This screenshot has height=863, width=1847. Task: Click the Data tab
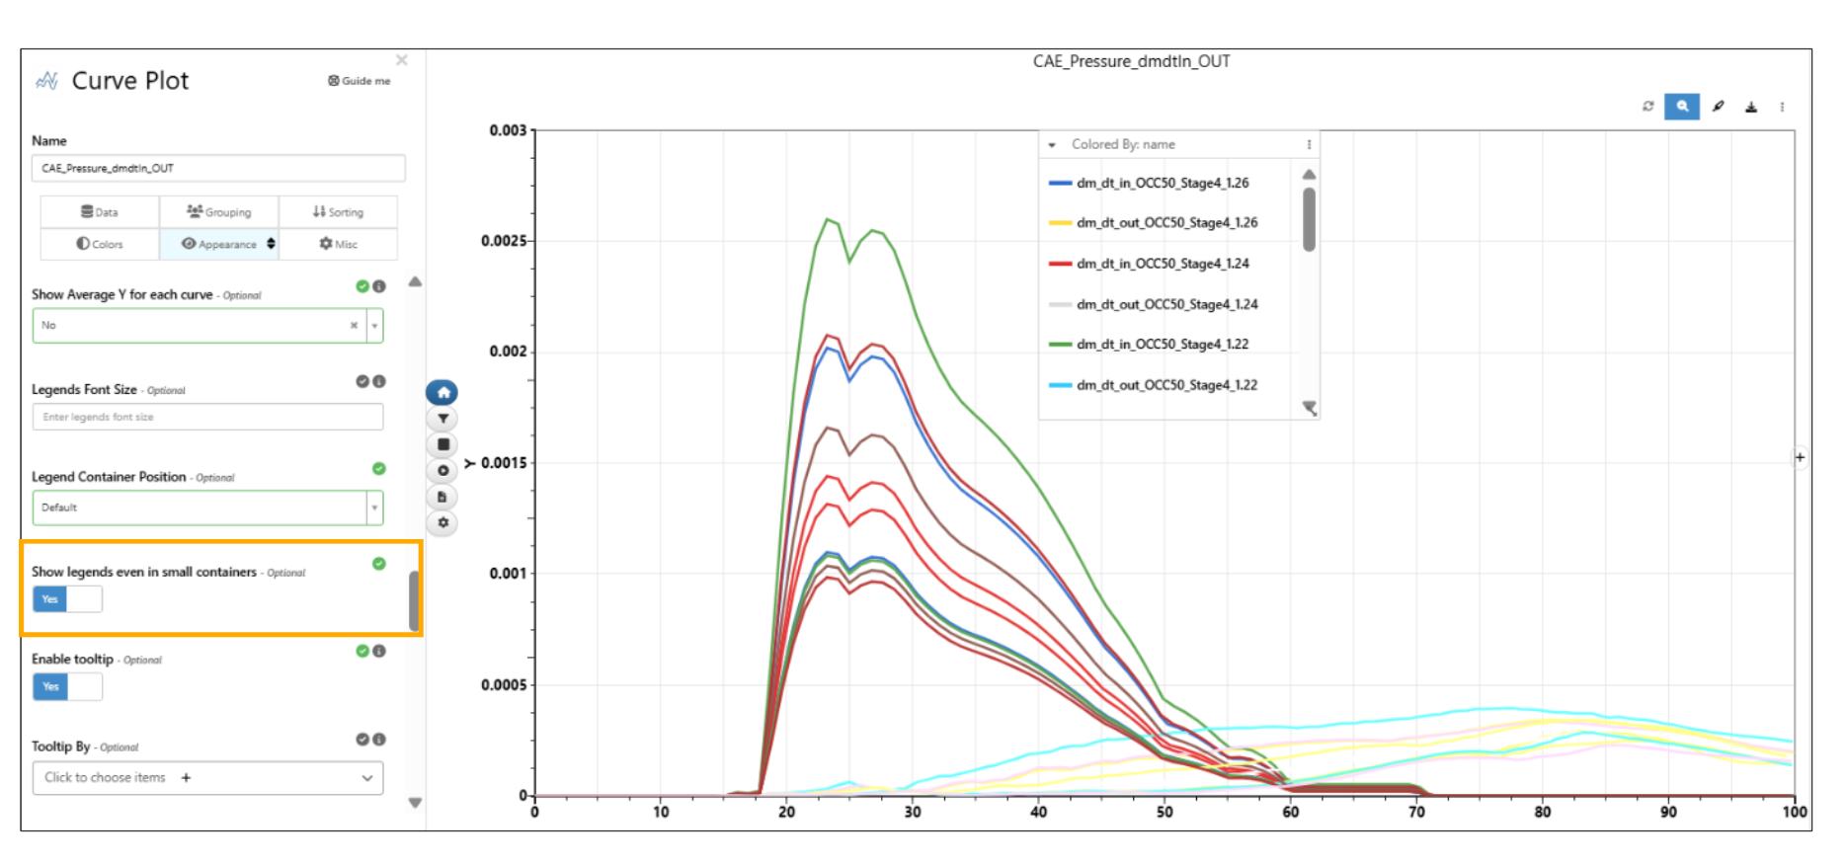[x=100, y=212]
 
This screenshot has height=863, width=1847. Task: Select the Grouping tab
[x=219, y=212]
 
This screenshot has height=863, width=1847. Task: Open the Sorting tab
[x=338, y=212]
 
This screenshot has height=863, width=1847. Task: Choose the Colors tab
[x=100, y=244]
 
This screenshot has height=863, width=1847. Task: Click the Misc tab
[x=338, y=244]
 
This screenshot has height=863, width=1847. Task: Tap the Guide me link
[x=360, y=81]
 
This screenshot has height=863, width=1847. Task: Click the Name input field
[x=218, y=168]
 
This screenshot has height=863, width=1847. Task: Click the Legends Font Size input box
[x=207, y=417]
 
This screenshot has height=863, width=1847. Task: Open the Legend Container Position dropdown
[x=207, y=508]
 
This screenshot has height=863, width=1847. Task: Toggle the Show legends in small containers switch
[x=67, y=599]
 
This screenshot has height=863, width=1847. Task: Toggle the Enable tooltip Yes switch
[x=67, y=686]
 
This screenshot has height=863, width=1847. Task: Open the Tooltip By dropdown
[x=207, y=778]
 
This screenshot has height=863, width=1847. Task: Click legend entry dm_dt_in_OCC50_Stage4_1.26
[x=1162, y=184]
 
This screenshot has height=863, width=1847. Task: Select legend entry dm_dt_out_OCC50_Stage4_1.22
[x=1165, y=385]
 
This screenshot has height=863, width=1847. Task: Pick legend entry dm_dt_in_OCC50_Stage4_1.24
[x=1162, y=264]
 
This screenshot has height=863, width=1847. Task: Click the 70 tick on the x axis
[x=1416, y=813]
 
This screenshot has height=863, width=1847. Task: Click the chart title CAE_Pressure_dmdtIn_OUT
[x=1131, y=61]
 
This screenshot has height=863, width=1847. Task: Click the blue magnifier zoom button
[x=1681, y=107]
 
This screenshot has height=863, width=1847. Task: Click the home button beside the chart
[x=442, y=393]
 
